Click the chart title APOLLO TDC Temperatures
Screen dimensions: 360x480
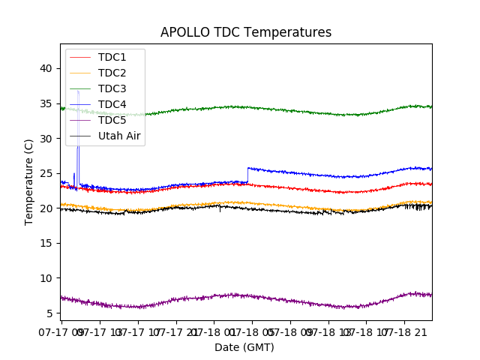tap(246, 32)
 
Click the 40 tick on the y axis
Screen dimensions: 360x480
tap(46, 68)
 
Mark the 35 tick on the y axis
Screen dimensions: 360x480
tap(46, 103)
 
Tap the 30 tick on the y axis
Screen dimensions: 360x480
tap(46, 139)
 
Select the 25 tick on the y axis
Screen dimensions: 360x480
tap(46, 173)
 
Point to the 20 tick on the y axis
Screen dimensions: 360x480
tap(46, 208)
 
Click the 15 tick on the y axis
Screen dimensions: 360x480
tap(46, 243)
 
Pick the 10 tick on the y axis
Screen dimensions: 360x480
tap(46, 278)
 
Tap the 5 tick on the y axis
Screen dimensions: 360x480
tap(49, 313)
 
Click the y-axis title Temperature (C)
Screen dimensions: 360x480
tap(28, 181)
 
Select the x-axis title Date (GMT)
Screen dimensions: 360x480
tap(244, 347)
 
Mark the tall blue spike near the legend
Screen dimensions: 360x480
tap(77, 120)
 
